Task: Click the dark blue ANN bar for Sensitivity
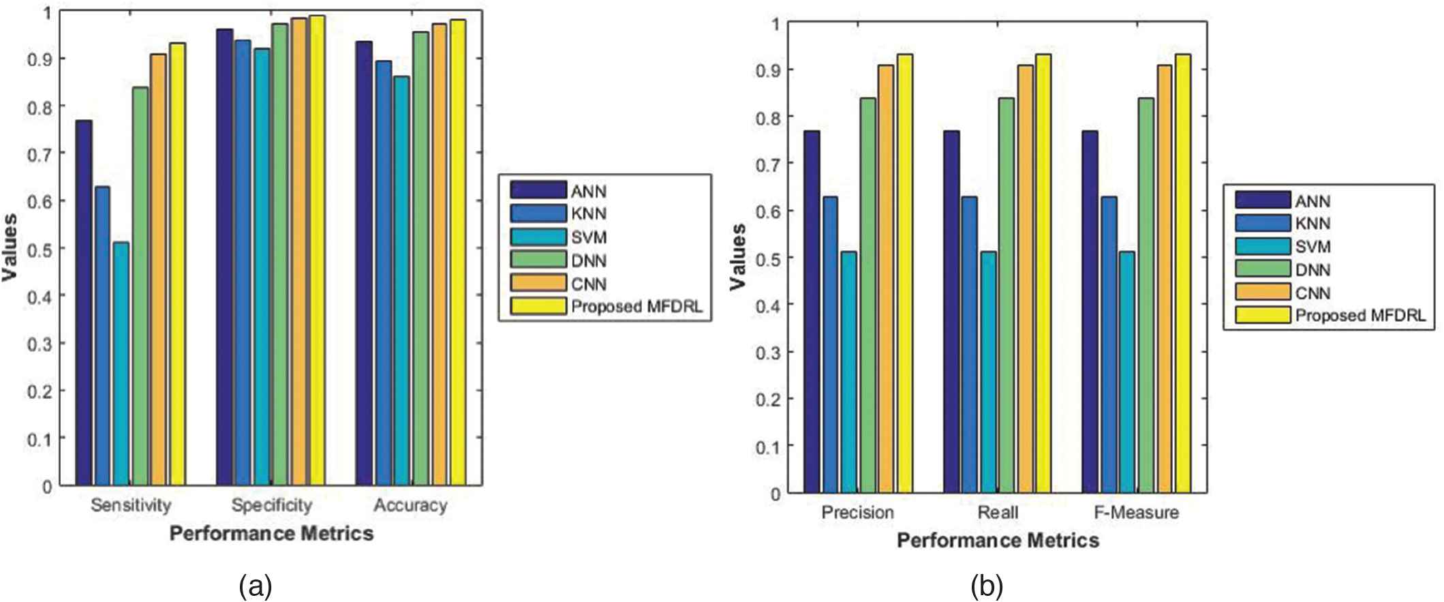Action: [x=84, y=303]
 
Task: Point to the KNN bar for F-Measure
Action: [x=1108, y=344]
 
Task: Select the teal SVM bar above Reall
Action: [x=988, y=372]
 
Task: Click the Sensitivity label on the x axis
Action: [x=131, y=505]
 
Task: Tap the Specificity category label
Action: [x=271, y=505]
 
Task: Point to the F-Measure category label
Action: [x=1136, y=512]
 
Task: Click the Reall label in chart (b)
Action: [x=998, y=512]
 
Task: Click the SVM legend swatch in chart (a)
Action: [x=538, y=237]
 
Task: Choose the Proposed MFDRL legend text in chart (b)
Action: [x=1360, y=316]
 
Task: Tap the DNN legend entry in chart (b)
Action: [x=1312, y=269]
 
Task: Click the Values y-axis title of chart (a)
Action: [x=10, y=247]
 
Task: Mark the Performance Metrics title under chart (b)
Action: [x=998, y=541]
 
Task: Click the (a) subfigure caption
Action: [x=256, y=585]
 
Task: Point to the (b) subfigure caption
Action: [x=986, y=585]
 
